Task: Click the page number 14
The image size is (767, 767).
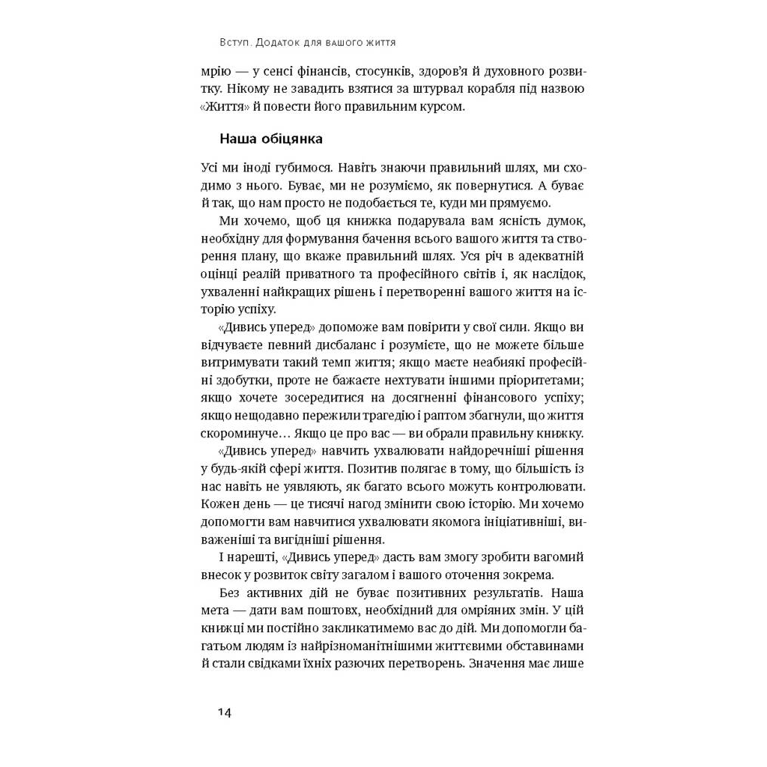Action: [224, 712]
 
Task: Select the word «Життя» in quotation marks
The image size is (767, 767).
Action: [223, 106]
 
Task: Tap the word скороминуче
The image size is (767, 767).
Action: [242, 434]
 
